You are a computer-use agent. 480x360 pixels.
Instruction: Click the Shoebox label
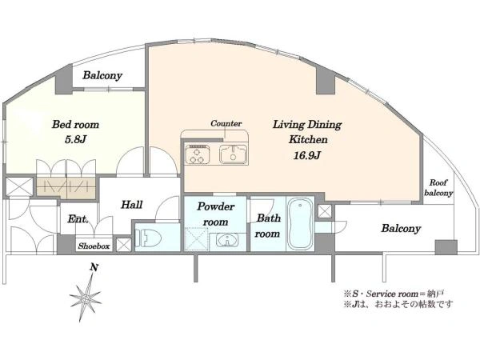point(94,246)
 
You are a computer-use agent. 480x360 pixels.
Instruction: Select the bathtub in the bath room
point(300,223)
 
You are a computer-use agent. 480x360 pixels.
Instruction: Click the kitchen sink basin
point(234,154)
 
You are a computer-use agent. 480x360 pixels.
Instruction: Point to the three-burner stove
point(198,154)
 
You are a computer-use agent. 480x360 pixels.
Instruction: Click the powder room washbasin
point(227,240)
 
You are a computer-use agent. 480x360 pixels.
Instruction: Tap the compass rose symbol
point(86,297)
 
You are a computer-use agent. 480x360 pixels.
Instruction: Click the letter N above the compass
point(94,267)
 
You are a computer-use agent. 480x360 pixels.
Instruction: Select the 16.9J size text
point(307,155)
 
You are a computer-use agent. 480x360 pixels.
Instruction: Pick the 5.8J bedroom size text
point(75,139)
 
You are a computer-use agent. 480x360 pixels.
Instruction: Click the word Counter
point(226,124)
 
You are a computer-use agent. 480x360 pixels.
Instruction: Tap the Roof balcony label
point(438,188)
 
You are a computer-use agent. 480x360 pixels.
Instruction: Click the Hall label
point(132,205)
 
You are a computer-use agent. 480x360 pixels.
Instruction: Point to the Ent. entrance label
point(78,219)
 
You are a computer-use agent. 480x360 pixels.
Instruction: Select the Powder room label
point(215,214)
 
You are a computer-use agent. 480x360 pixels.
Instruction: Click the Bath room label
point(268,226)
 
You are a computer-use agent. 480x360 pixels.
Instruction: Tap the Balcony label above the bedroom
point(102,75)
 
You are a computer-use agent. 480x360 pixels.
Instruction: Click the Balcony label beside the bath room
point(401,228)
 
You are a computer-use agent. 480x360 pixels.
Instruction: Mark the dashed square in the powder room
point(197,239)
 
